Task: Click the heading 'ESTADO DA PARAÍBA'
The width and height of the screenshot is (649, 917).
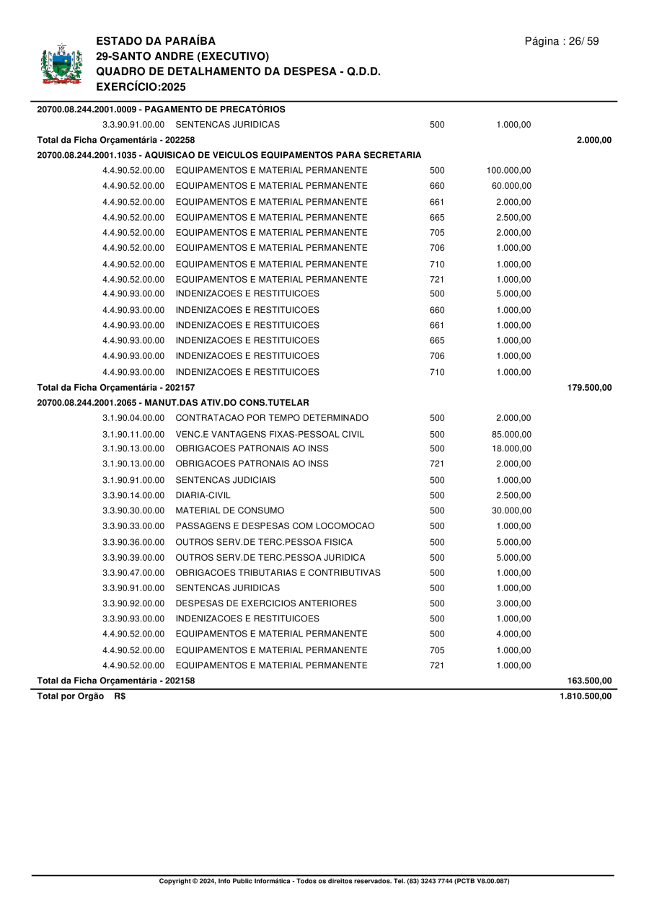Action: [155, 41]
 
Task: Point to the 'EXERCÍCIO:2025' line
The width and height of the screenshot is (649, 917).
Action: [141, 87]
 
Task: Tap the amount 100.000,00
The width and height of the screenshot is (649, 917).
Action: [508, 171]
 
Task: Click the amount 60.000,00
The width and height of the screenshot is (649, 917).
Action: [511, 186]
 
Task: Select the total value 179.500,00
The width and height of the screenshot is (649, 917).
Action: [589, 388]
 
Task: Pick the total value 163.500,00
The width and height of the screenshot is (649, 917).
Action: [589, 681]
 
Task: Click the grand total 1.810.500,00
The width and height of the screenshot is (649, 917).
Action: [585, 696]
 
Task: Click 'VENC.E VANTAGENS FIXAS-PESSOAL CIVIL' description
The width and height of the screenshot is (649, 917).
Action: [270, 434]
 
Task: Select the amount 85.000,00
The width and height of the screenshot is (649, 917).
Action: [511, 434]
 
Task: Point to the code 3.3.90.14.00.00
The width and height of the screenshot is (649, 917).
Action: [133, 495]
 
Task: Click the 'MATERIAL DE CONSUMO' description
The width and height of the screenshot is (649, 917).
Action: [230, 510]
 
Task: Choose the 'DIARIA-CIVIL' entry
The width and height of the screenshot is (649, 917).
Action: [203, 495]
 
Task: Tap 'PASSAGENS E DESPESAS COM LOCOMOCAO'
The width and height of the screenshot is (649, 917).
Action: [275, 526]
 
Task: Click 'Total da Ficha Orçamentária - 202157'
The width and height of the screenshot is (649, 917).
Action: [116, 388]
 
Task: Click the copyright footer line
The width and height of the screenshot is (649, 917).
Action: [334, 881]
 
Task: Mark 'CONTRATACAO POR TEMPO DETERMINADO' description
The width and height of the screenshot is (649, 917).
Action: [272, 418]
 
